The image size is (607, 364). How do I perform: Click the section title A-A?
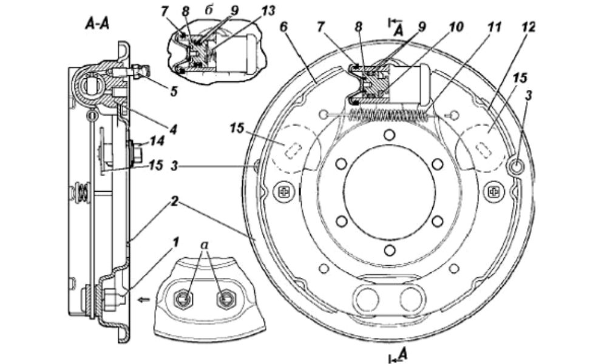[97, 25]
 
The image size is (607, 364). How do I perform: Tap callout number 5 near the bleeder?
[174, 91]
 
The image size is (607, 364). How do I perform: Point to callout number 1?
[175, 243]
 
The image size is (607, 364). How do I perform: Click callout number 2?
[175, 201]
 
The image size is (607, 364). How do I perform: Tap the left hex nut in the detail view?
[183, 298]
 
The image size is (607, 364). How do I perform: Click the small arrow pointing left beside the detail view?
[144, 299]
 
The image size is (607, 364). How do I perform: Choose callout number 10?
[456, 27]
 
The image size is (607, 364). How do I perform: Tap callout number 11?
[494, 27]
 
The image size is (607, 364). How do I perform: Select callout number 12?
[528, 27]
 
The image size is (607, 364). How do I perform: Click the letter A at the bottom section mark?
[402, 353]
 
